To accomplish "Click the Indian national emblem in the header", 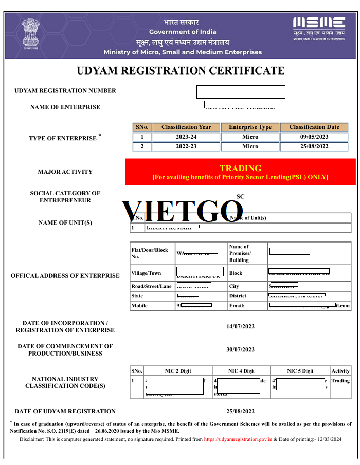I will click(32, 34).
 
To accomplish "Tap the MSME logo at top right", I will click(319, 26).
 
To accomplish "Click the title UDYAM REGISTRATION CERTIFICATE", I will click(180, 71).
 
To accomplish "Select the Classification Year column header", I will click(186, 127).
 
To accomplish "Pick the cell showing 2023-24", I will click(186, 137).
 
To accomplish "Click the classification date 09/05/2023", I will click(314, 137).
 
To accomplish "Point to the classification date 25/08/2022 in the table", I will click(314, 146).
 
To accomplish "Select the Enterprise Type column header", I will click(250, 127).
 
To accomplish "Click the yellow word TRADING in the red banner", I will click(240, 168).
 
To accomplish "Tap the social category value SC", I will click(240, 196).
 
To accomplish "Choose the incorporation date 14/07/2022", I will click(240, 326).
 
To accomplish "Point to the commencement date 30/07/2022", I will click(240, 350).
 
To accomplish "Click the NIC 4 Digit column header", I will click(241, 371).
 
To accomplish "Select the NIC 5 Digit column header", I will click(300, 371).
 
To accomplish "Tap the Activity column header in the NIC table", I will click(340, 371).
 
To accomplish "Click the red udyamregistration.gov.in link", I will click(238, 439).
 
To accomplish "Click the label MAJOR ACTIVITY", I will click(65, 172).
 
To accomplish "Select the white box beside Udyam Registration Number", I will click(241, 92).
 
